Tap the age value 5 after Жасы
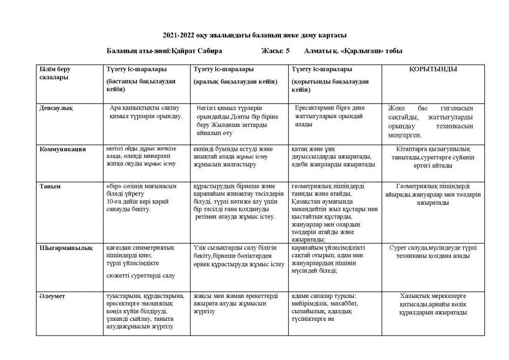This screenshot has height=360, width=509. [x=288, y=51]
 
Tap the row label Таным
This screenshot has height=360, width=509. [x=50, y=186]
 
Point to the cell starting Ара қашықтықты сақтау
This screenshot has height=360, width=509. [x=145, y=112]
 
